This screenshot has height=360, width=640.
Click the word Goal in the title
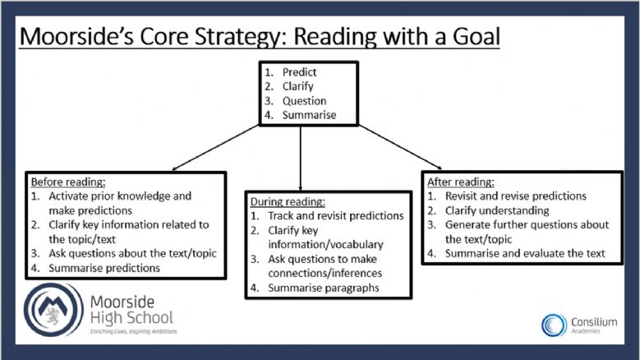tap(476, 36)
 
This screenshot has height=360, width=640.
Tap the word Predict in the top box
tap(299, 72)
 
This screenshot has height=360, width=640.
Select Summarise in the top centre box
tap(309, 115)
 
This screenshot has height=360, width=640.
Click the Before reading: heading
tap(68, 182)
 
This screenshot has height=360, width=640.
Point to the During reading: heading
tap(288, 201)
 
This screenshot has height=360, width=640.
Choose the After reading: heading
tap(460, 182)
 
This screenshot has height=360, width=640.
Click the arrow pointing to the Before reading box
tap(215, 147)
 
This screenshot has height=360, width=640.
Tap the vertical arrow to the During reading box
tap(301, 159)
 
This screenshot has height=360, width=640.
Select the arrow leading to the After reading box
tap(400, 147)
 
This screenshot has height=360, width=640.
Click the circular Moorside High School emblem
tap(53, 310)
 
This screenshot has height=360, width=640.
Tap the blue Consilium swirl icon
tap(554, 325)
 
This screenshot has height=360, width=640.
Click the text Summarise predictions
tap(104, 268)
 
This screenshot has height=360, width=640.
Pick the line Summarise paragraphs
tap(323, 288)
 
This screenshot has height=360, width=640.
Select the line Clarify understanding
tap(497, 210)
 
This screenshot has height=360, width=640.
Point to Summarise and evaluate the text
tap(525, 253)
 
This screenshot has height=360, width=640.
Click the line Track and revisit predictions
tap(335, 216)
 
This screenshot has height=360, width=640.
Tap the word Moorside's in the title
tap(76, 36)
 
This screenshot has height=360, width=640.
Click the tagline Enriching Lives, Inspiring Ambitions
tap(133, 331)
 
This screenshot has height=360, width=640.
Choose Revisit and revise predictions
tap(515, 196)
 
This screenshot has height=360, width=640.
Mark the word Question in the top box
tap(304, 101)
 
